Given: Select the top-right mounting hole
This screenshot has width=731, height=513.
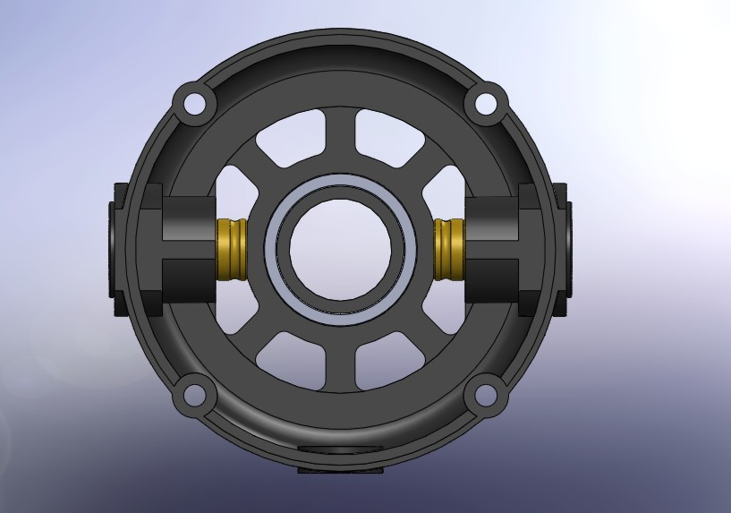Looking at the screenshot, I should (x=486, y=103).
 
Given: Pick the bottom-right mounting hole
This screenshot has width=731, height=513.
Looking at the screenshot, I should (x=486, y=393).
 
